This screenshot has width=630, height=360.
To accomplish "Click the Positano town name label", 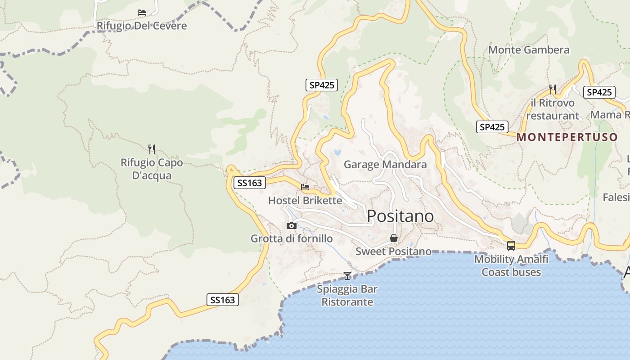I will click(400, 216).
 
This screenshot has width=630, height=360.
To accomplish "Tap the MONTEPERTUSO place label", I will click(567, 138).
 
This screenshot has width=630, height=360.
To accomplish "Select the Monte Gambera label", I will click(529, 50).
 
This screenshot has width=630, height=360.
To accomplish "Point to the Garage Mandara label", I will click(385, 165).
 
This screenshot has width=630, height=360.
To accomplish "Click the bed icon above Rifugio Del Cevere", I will click(142, 13).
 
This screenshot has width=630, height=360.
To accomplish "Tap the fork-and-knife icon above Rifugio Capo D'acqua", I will click(152, 149).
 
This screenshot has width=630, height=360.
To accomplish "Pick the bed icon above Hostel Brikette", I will click(305, 187).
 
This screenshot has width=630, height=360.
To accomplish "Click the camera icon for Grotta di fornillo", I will click(292, 225).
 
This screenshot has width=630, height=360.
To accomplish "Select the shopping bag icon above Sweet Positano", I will click(394, 238).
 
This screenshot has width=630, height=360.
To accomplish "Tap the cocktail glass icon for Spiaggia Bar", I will click(347, 275).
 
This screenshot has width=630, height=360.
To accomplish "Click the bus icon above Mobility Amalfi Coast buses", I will click(511, 245).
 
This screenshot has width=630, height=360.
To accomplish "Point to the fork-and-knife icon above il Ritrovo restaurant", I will click(553, 90).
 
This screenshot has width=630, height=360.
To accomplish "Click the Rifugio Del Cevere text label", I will click(142, 26).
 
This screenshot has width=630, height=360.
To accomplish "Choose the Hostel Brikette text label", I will click(305, 201).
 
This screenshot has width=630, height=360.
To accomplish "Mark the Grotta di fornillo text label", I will click(292, 238).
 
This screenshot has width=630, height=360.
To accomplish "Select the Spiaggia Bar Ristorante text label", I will click(347, 295).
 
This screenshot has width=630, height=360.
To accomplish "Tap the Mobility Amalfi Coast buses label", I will click(511, 265).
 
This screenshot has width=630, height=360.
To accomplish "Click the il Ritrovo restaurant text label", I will click(553, 109).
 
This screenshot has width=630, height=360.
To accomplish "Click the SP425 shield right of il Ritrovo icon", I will click(599, 92).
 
